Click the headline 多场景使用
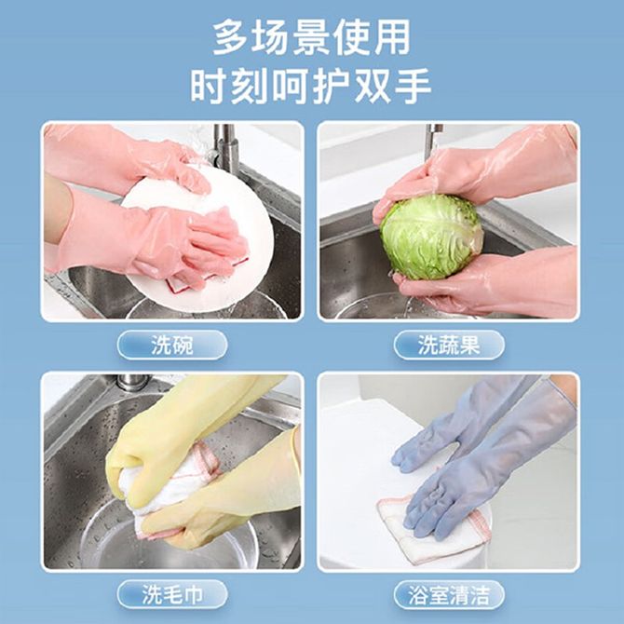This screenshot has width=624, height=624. pos(312,38)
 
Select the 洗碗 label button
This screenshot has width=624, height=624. pos(172,345)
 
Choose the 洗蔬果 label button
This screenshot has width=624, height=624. pos(449,345)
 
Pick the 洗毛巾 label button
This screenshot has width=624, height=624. pos(172,594)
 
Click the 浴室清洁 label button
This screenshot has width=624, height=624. pos(449,594)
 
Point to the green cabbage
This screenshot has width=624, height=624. pos(432,237)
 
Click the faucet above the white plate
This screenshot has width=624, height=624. pos(225,147)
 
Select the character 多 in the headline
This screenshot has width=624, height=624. pos(233,38)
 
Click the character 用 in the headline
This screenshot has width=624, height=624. pos(392,38)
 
